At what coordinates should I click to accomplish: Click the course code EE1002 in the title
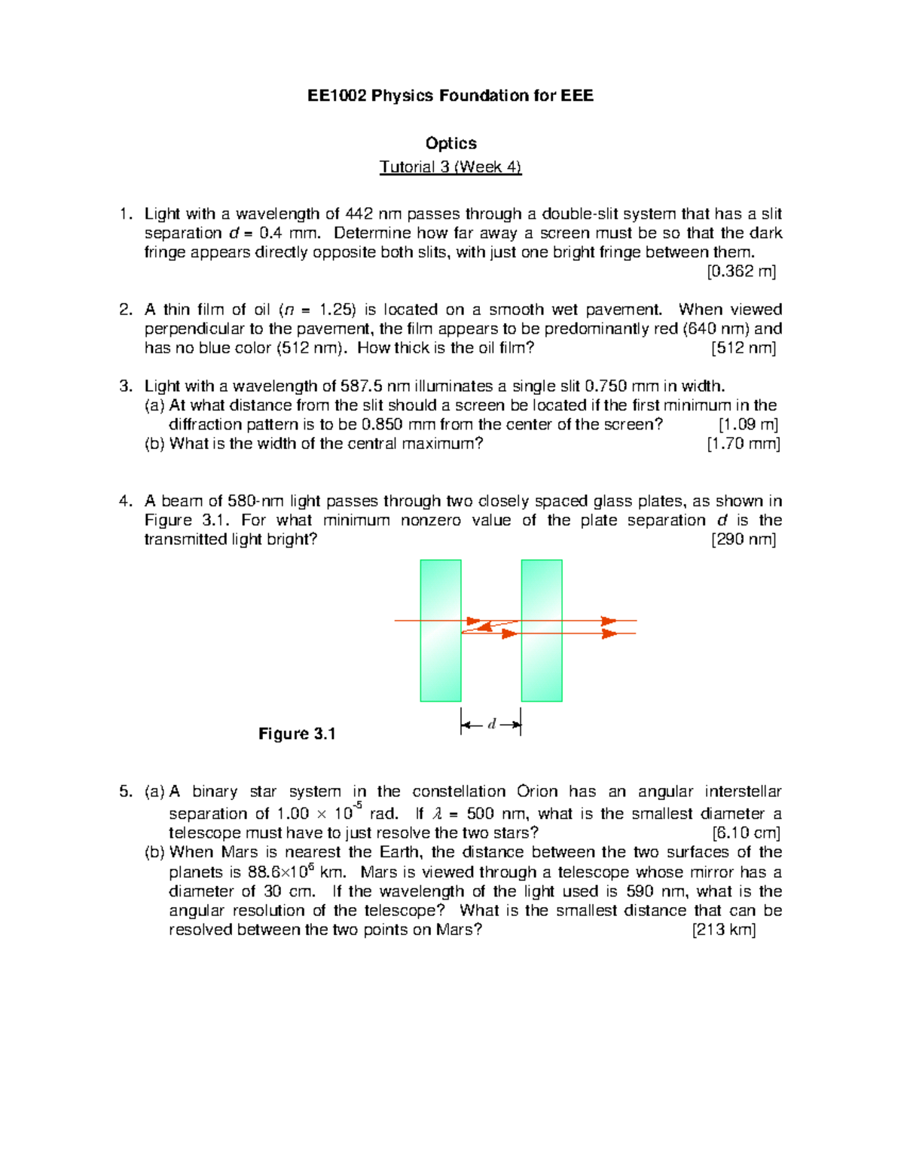point(337,96)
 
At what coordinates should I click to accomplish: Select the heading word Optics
point(450,143)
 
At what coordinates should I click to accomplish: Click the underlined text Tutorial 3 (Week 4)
point(450,167)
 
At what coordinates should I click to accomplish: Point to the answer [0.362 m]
point(741,271)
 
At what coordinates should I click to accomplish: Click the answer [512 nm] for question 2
point(743,348)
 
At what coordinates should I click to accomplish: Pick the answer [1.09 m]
point(748,424)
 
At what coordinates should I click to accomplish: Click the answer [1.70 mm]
point(743,444)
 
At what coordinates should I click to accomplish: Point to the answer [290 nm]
point(743,539)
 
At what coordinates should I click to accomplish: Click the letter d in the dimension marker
point(491,725)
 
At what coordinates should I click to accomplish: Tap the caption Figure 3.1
point(297,734)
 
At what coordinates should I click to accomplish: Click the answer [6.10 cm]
point(745,833)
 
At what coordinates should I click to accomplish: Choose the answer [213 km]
point(723,930)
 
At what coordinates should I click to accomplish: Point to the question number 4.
point(125,501)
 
